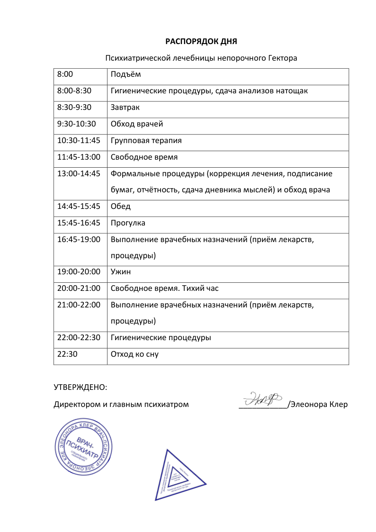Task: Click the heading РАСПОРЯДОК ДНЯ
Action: click(201, 41)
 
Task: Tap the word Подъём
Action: click(125, 74)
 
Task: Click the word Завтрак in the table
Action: click(125, 108)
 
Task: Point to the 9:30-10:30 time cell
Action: click(76, 124)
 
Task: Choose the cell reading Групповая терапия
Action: click(146, 141)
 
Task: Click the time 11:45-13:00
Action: click(79, 157)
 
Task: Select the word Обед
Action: click(120, 207)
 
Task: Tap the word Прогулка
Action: click(128, 223)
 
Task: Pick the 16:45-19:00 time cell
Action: click(79, 240)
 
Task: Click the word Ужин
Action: click(120, 272)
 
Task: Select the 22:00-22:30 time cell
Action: click(79, 338)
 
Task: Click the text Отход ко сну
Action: click(134, 354)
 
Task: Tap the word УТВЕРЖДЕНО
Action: click(80, 388)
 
